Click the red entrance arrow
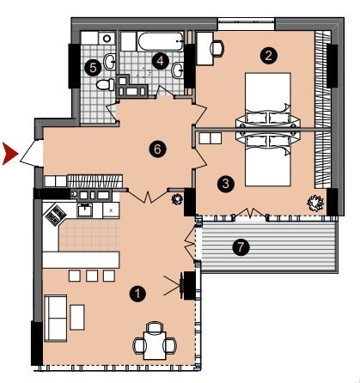9,154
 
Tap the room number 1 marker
137,294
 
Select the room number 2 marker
268,56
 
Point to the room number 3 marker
226,184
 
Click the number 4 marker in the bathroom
160,61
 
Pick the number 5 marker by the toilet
93,68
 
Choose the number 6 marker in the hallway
157,149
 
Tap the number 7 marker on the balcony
241,247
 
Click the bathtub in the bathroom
161,41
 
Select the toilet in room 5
105,85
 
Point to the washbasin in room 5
110,62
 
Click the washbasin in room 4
179,70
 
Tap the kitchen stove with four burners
56,215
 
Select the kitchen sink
85,210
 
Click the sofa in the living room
55,318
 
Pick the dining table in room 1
155,345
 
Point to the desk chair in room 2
217,48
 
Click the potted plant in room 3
315,204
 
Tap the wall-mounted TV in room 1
181,285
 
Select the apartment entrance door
31,153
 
